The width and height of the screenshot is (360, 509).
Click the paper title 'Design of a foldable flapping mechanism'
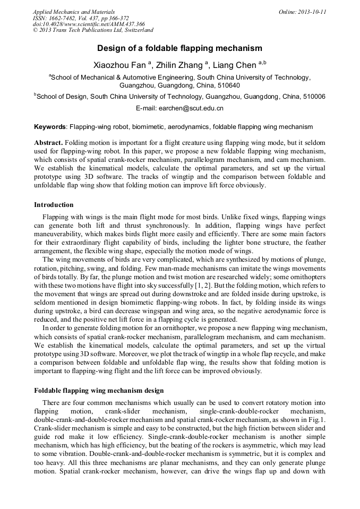click(x=179, y=48)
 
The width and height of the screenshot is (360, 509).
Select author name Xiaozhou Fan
click(x=119, y=66)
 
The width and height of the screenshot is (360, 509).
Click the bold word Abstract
click(x=49, y=144)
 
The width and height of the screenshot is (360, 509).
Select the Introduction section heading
click(x=54, y=205)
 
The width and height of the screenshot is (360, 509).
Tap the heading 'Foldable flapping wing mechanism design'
click(x=99, y=391)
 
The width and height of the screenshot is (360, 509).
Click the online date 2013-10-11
click(x=310, y=12)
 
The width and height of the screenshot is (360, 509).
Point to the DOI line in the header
click(x=89, y=24)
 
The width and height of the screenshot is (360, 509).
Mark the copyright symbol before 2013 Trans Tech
click(x=36, y=31)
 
